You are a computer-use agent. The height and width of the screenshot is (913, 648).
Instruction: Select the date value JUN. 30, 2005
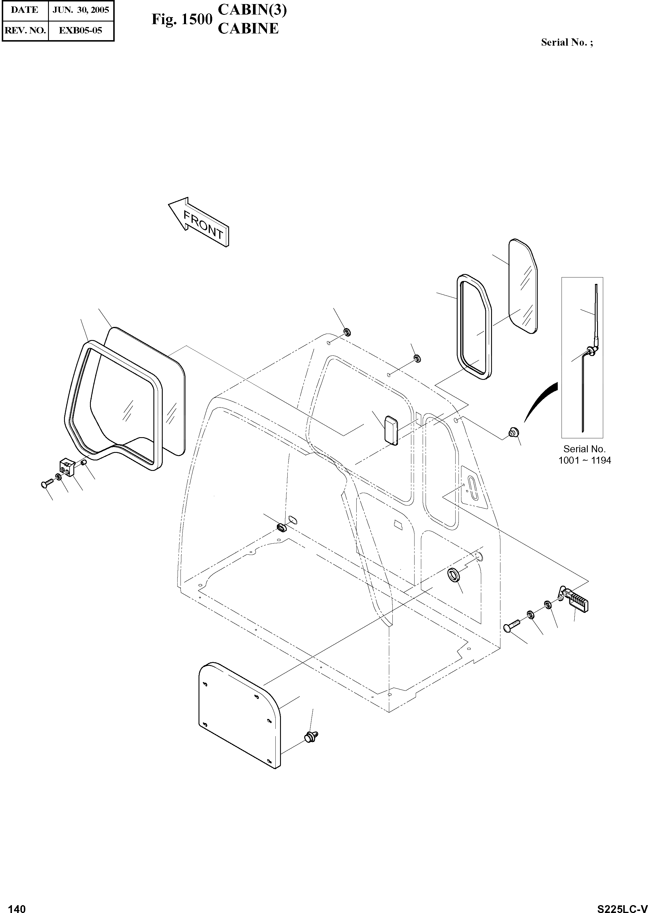(x=81, y=10)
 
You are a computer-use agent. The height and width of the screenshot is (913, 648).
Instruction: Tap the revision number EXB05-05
(x=81, y=30)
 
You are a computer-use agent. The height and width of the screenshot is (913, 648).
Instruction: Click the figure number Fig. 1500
(x=182, y=19)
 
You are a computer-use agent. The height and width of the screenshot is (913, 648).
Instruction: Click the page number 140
(x=17, y=905)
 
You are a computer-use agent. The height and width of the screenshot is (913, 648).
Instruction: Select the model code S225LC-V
(x=622, y=906)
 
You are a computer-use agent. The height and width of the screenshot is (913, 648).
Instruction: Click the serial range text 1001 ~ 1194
(x=585, y=460)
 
